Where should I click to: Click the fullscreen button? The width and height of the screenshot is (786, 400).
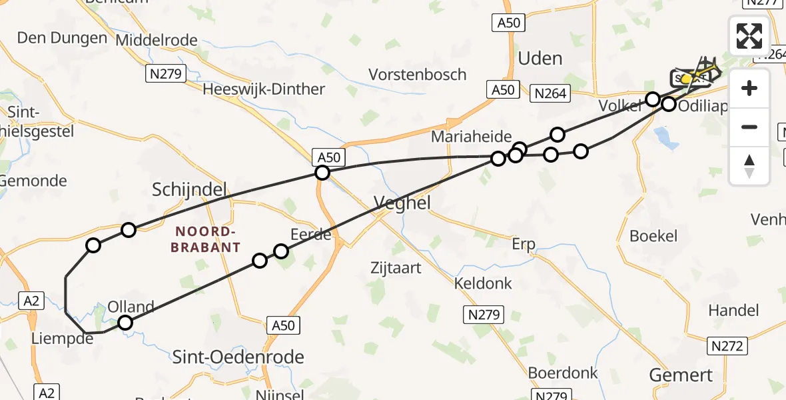point(749,36)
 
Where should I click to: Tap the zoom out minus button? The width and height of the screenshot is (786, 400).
point(749,127)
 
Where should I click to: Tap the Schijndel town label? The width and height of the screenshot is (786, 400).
point(189,189)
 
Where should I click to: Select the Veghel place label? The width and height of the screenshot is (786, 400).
point(402,203)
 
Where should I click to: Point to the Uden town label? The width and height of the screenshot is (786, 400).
point(540,59)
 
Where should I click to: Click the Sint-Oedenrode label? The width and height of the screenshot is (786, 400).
point(238,357)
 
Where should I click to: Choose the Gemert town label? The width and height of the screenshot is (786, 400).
point(681,375)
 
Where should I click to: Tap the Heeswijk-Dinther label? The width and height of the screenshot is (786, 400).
point(264,89)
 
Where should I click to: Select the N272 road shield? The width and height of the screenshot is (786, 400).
point(727,345)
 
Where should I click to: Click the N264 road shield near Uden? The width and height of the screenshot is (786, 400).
point(551,94)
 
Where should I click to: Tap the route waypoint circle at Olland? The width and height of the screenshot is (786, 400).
point(125,323)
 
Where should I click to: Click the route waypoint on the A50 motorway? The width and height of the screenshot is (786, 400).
point(322,173)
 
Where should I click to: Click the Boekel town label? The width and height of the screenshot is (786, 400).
point(653,235)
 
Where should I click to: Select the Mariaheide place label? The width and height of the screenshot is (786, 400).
point(471,137)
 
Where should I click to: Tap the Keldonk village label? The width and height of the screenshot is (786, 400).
point(483,283)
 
